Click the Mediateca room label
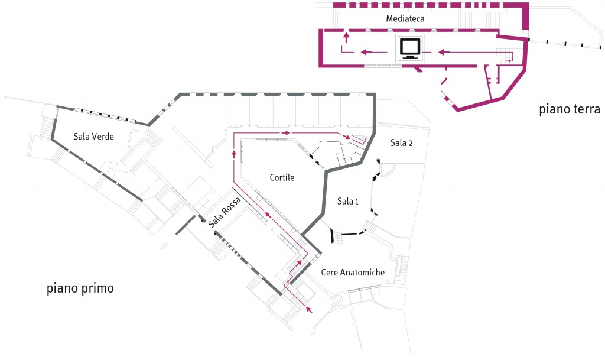[405, 18]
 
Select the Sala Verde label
[93, 137]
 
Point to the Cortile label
[282, 177]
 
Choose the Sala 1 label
[348, 202]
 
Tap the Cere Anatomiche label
[353, 273]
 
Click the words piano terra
[570, 109]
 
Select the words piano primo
[80, 289]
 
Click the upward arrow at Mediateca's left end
[346, 37]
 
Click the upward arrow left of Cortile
[234, 154]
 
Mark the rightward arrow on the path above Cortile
[287, 133]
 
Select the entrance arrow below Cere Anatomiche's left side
[310, 309]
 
